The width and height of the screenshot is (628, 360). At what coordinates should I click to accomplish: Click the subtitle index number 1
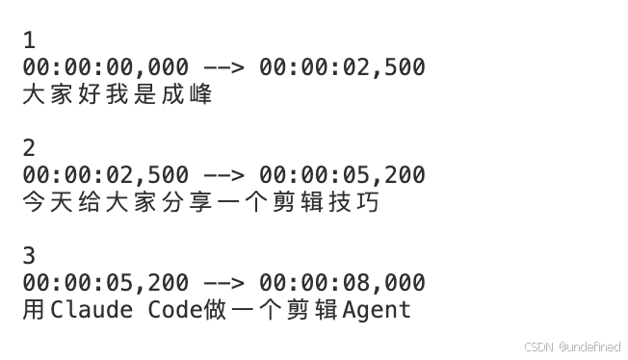(28, 40)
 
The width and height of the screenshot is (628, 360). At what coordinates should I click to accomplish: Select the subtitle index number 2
(29, 148)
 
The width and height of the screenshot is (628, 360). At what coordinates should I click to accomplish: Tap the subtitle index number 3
(29, 256)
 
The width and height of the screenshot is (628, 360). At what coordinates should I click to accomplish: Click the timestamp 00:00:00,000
(105, 67)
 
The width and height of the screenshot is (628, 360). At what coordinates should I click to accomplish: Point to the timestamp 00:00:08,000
(342, 283)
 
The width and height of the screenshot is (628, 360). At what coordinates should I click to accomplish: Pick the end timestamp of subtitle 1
(342, 67)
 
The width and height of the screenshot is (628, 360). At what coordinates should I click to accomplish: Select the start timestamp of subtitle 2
(105, 175)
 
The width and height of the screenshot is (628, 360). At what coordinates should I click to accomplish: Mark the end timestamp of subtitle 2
(342, 175)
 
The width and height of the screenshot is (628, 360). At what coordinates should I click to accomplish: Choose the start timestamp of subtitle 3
(105, 283)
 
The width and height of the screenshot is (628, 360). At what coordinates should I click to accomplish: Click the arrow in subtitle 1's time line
(223, 67)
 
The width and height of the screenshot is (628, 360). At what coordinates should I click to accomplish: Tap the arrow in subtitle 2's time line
(223, 175)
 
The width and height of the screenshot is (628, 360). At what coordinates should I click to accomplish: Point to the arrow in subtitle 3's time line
(223, 283)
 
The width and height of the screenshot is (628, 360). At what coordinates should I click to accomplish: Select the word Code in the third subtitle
(173, 310)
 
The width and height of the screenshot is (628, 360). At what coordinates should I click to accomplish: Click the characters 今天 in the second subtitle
(46, 202)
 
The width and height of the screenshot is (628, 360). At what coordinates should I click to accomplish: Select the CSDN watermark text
(539, 347)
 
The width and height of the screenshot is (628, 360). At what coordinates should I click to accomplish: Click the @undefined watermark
(589, 347)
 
